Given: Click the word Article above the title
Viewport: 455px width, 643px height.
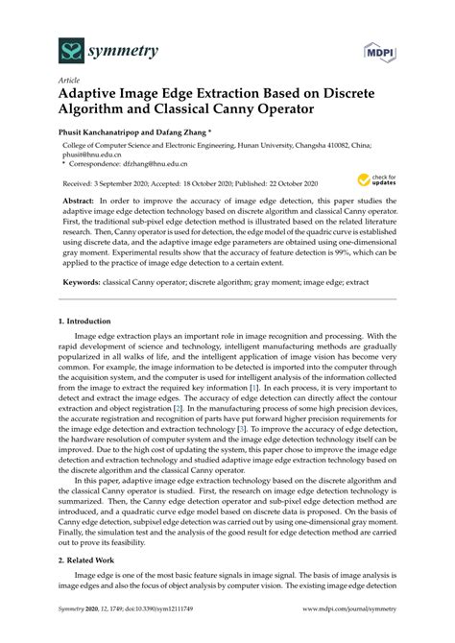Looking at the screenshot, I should pyautogui.click(x=68, y=83).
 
